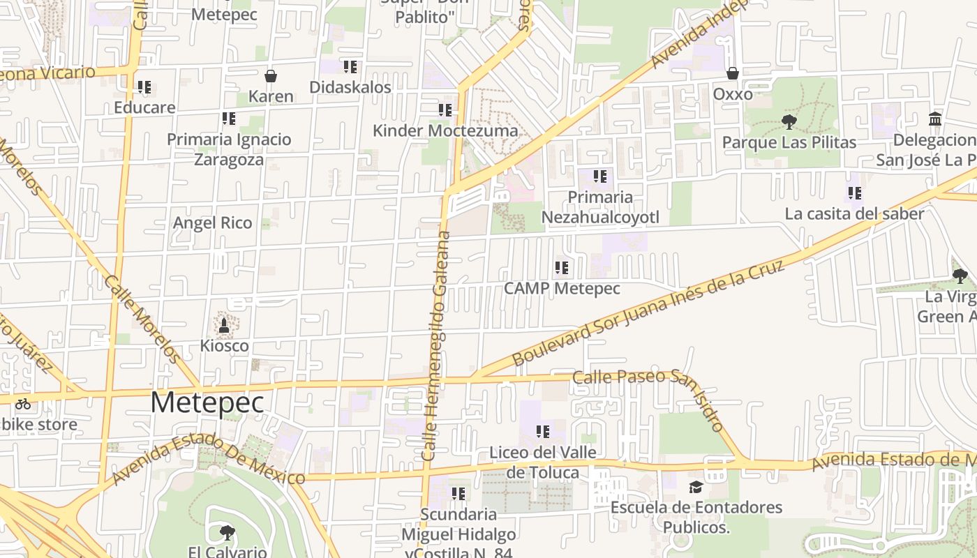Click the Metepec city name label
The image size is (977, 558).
click(x=207, y=403)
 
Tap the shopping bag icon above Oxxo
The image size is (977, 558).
click(x=733, y=73)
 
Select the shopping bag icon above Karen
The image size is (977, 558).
click(x=271, y=76)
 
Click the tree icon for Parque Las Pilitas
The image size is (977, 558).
click(x=789, y=122)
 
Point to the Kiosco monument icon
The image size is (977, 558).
click(x=224, y=325)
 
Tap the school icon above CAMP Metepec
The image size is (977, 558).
click(x=562, y=267)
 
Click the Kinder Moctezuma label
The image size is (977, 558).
click(x=445, y=131)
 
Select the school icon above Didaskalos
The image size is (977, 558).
click(x=350, y=67)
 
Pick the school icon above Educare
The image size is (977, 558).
click(x=144, y=87)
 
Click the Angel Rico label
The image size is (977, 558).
click(x=212, y=223)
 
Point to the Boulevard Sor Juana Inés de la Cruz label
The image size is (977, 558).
click(x=649, y=312)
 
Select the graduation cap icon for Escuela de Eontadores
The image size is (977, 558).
click(x=696, y=487)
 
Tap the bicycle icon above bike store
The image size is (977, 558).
click(x=22, y=403)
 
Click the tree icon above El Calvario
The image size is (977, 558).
click(x=227, y=533)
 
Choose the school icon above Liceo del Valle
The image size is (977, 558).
click(x=542, y=432)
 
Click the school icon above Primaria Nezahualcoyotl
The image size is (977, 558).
click(x=599, y=176)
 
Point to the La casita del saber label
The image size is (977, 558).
click(x=854, y=214)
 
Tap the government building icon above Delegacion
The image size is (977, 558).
click(x=935, y=119)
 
